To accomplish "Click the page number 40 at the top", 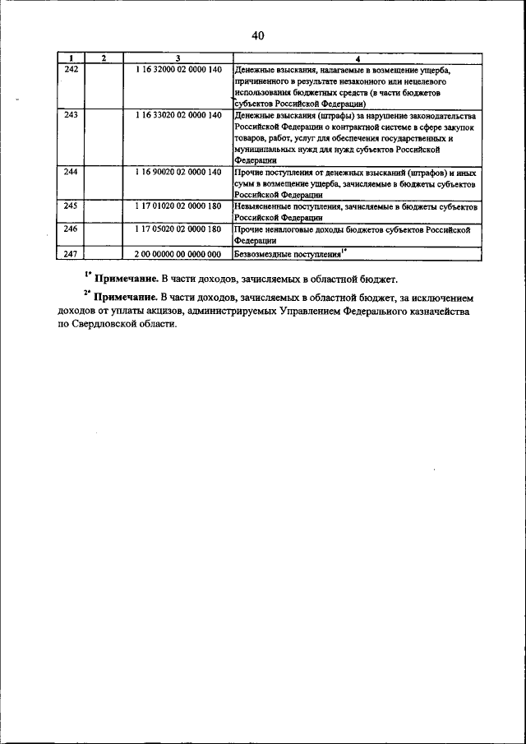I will [257, 35].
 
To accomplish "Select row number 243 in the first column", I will [71, 115].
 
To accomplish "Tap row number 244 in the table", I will [71, 173].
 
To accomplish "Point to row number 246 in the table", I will [71, 231].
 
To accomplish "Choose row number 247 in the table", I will [71, 254].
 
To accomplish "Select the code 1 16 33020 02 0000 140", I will [178, 115].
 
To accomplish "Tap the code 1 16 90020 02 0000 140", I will [178, 173].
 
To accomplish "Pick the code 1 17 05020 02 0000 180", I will [178, 231].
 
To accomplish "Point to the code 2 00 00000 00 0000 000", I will [178, 254].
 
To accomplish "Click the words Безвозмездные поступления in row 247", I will [287, 255].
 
